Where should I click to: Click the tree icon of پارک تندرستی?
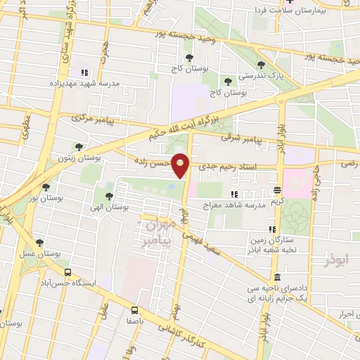pos(261,65)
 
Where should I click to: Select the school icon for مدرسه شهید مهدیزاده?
pos(84,72)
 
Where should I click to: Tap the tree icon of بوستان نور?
pos(46,188)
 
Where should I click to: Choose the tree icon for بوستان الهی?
pos(109,196)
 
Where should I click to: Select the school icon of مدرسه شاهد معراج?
pos(234,194)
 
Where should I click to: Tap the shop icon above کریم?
pos(278,191)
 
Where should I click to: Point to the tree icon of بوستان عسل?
pos(39,243)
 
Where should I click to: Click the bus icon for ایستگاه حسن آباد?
pos(67,272)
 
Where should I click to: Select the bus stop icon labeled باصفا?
pos(134,309)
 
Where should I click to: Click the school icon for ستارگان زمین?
pos(271,230)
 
